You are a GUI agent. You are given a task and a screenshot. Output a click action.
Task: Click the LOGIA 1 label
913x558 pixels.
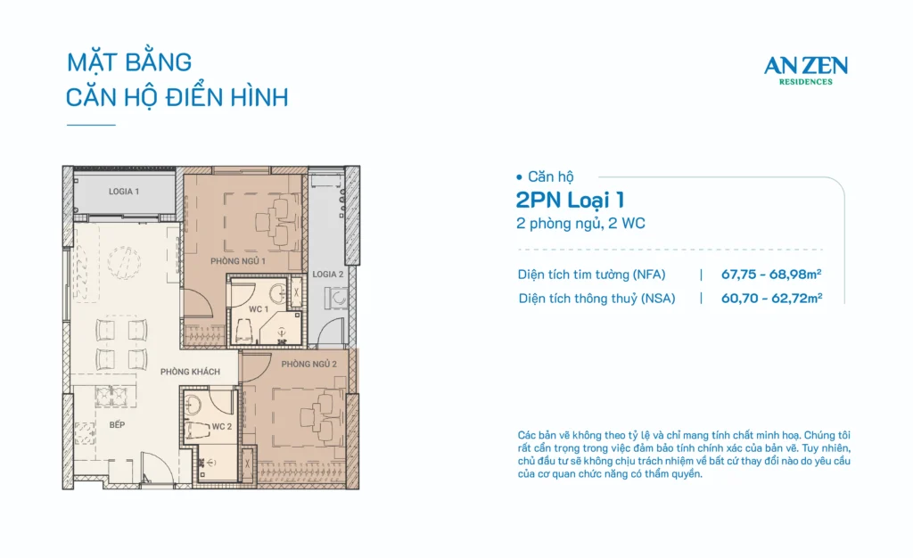pyautogui.click(x=123, y=192)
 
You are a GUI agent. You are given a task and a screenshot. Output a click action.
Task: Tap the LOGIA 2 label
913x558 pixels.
pyautogui.click(x=328, y=274)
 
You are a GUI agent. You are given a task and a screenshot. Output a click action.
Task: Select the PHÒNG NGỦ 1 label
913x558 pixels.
pyautogui.click(x=238, y=261)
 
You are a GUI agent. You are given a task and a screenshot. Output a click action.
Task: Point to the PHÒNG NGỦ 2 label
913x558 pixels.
pyautogui.click(x=308, y=365)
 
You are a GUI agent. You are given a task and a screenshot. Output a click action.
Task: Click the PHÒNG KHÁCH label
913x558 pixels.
pyautogui.click(x=191, y=372)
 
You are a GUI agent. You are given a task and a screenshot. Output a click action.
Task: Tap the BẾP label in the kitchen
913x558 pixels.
pyautogui.click(x=117, y=425)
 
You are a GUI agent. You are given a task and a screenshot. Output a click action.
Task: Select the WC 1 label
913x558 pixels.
pyautogui.click(x=259, y=309)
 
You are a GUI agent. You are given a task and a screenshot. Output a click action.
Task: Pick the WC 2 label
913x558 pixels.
pyautogui.click(x=222, y=426)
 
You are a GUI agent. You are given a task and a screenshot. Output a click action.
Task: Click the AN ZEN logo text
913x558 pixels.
pyautogui.click(x=806, y=66)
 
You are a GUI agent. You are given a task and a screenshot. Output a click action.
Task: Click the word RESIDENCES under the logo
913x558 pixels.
pyautogui.click(x=806, y=82)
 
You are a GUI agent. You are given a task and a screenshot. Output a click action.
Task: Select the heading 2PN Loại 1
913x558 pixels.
pyautogui.click(x=570, y=201)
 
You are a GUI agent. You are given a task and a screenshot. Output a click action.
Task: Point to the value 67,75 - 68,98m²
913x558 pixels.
pyautogui.click(x=771, y=274)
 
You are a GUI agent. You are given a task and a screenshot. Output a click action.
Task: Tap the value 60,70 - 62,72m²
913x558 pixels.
pyautogui.click(x=771, y=298)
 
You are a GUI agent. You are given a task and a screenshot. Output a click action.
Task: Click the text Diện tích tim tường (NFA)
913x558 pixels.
pyautogui.click(x=592, y=275)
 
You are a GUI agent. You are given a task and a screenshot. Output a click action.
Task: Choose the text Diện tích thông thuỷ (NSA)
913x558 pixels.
pyautogui.click(x=596, y=299)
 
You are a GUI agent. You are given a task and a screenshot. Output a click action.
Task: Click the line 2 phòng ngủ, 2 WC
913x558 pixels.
pyautogui.click(x=580, y=224)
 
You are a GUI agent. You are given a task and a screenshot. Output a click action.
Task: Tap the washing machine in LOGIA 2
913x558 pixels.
pyautogui.click(x=338, y=298)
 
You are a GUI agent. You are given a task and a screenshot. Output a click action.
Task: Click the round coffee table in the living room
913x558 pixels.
pyautogui.click(x=123, y=262)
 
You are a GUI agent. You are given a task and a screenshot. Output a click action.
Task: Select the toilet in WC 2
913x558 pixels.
pyautogui.click(x=197, y=430)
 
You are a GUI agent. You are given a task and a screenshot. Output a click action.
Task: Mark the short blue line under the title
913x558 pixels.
pyautogui.click(x=91, y=125)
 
